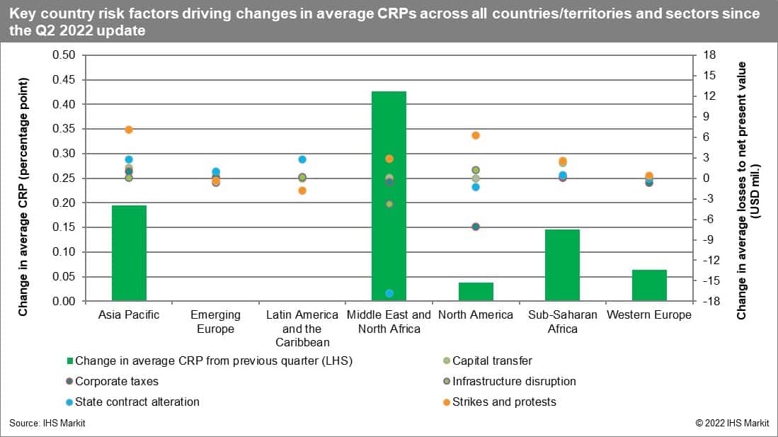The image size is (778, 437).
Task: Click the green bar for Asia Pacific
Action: tap(129, 253)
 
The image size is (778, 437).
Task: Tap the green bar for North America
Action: tap(476, 292)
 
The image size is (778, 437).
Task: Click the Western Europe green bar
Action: tap(649, 285)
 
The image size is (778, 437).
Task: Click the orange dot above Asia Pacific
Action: tap(129, 130)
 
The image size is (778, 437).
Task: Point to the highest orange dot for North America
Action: tap(476, 135)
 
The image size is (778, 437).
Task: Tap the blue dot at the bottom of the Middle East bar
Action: tap(389, 293)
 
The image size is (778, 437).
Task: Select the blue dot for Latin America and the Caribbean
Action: tap(302, 159)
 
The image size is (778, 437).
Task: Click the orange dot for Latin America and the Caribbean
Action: tap(302, 191)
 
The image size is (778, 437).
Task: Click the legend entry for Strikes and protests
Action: tap(503, 402)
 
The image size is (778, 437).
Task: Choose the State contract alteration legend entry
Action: tap(137, 402)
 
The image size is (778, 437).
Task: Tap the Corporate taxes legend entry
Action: tap(116, 381)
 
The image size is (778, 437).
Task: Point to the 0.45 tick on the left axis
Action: tap(64, 80)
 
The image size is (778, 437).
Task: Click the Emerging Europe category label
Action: tap(216, 322)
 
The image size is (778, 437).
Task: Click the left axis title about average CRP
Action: tap(23, 197)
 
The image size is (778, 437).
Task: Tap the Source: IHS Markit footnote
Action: tap(42, 423)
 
